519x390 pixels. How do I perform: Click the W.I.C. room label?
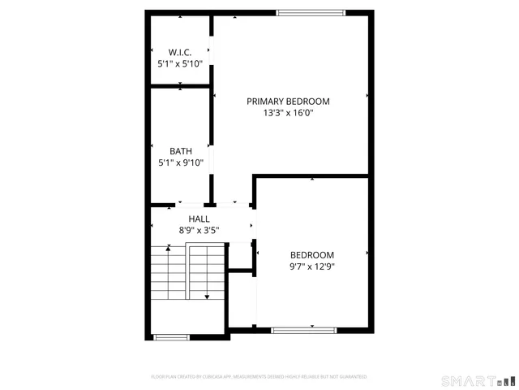pos(179,52)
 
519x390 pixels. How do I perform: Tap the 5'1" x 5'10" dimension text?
pos(179,63)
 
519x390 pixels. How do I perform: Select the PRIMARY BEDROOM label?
pos(288,102)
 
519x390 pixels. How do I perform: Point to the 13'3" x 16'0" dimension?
pos(288,113)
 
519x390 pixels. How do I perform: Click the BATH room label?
pos(180,151)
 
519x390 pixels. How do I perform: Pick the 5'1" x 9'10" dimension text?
pos(180,162)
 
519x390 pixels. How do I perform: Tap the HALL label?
pos(199,219)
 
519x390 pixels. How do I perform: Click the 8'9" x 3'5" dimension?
pos(199,231)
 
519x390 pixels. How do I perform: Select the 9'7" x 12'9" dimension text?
pos(312,266)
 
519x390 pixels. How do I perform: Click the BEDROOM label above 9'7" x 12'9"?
pos(312,254)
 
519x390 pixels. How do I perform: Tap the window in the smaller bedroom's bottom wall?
pos(303,329)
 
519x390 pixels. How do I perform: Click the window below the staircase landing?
pos(171,336)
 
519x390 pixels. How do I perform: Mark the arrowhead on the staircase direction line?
pos(207,297)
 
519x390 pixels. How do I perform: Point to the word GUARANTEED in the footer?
pos(351,377)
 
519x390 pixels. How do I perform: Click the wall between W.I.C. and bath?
pos(180,85)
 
